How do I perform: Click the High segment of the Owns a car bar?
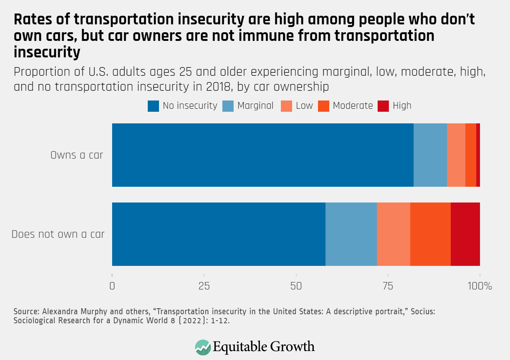[478, 155]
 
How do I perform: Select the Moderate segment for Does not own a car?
[430, 234]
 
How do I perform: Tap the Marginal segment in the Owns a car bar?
[430, 155]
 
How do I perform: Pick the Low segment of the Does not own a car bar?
[393, 234]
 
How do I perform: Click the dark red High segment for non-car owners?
[465, 234]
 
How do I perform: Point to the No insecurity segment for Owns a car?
[262, 155]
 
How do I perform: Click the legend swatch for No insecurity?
[153, 106]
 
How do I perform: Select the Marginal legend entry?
[255, 106]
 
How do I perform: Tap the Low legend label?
[304, 106]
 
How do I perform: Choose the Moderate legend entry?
[352, 106]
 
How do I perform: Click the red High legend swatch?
[383, 106]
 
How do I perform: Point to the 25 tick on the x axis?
[204, 286]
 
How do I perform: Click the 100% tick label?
[480, 286]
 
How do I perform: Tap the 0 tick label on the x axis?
[112, 286]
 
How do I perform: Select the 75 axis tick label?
[388, 286]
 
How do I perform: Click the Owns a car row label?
[76, 155]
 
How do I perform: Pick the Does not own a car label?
[58, 234]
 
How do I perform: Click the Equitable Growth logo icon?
[203, 347]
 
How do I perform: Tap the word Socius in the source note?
[423, 312]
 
